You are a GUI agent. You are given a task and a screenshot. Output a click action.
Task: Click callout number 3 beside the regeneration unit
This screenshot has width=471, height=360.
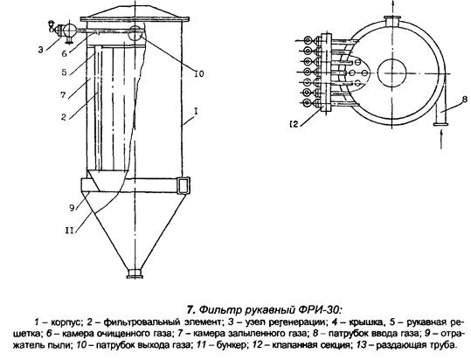40,50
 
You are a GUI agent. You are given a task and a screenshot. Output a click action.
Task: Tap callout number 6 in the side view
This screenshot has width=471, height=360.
64,53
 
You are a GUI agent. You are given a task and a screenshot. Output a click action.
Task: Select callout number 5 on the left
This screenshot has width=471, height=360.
64,73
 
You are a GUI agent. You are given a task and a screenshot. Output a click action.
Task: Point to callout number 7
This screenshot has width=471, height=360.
63,95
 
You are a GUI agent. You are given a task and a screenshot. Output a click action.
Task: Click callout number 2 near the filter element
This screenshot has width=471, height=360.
64,117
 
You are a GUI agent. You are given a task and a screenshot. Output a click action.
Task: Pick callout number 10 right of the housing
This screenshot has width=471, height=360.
199,73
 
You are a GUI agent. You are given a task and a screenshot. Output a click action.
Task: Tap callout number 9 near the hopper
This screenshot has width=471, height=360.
72,208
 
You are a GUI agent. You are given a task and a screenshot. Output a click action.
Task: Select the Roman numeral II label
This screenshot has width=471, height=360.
70,231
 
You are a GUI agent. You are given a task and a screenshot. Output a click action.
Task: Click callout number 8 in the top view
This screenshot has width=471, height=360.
464,99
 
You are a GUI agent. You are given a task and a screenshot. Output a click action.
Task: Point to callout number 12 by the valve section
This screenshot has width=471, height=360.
294,123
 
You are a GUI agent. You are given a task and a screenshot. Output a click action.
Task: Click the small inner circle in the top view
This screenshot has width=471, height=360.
391,73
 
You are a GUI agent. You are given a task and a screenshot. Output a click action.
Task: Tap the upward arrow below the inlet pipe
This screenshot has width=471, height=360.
441,139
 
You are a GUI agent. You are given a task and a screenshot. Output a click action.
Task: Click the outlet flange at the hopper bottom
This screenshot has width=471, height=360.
135,273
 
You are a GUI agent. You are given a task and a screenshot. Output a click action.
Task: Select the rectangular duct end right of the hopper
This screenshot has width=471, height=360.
184,185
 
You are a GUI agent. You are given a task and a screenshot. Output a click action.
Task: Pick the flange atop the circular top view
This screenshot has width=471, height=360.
391,21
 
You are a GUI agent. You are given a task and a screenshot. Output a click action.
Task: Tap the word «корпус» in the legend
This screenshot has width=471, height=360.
66,322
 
